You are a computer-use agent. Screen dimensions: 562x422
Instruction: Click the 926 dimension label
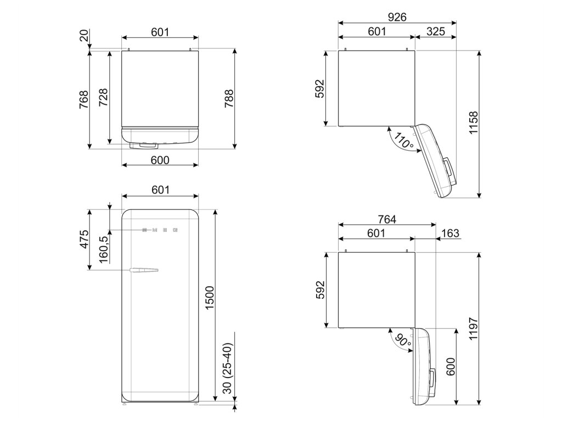397,17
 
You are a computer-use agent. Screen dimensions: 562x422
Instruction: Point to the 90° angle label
403,342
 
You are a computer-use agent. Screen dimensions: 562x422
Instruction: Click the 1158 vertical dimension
474,124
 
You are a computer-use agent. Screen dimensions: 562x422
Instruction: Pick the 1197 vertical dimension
474,330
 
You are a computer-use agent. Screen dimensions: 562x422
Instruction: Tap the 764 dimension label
386,219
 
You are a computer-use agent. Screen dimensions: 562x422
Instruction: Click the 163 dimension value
449,234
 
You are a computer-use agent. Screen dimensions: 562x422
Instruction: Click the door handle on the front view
144,270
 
